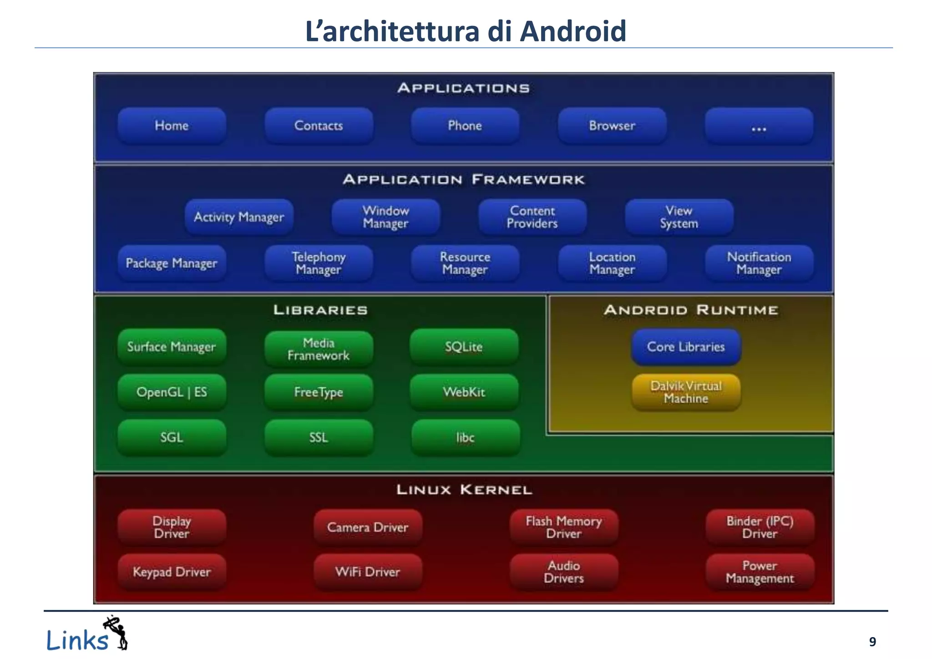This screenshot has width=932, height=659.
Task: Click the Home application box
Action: point(172,126)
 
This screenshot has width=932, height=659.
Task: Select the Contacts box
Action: point(319,126)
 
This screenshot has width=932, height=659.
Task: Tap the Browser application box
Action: point(612,126)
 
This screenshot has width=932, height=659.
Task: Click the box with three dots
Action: point(759,127)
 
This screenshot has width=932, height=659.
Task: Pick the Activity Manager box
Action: point(239,217)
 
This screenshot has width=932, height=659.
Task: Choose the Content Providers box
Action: point(532,217)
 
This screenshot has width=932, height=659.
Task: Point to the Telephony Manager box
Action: point(319,263)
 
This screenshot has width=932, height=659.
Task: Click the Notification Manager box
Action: point(759,263)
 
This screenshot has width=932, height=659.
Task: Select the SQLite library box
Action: point(464,347)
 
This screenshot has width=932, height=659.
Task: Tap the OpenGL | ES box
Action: point(172,392)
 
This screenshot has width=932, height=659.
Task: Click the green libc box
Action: point(465,437)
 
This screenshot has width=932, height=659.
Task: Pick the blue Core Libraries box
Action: point(686,347)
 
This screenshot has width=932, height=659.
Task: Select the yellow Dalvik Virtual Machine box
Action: point(686,392)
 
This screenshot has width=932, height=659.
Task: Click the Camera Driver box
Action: point(368,527)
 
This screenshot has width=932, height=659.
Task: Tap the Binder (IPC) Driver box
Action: point(760,527)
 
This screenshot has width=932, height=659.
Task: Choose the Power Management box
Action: point(760,572)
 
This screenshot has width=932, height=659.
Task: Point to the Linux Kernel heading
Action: point(464,490)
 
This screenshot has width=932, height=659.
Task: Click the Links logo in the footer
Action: point(86,635)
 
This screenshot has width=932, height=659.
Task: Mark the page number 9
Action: point(872,642)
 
